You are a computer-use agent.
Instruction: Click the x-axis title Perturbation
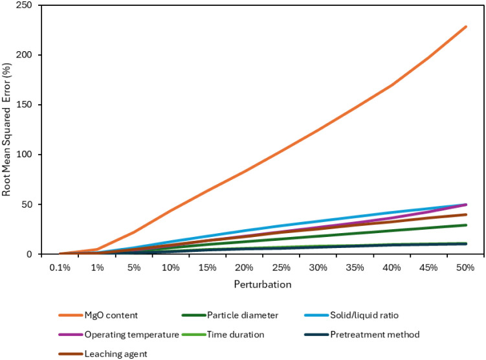pyautogui.click(x=263, y=284)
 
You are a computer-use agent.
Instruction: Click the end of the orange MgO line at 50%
pyautogui.click(x=466, y=27)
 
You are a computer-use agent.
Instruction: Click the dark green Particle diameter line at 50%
pyautogui.click(x=466, y=225)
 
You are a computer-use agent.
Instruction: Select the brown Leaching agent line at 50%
pyautogui.click(x=466, y=214)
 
